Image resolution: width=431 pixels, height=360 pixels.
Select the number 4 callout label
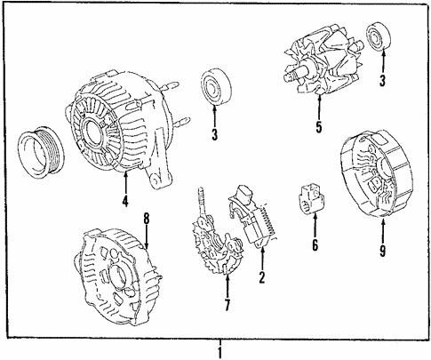tap(125, 202)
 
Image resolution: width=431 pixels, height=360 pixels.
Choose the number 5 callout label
tap(318, 126)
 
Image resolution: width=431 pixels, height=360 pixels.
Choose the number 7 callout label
tap(227, 307)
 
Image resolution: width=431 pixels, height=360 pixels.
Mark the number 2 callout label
tap(261, 277)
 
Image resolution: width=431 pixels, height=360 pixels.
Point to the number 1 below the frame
tap(221, 351)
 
